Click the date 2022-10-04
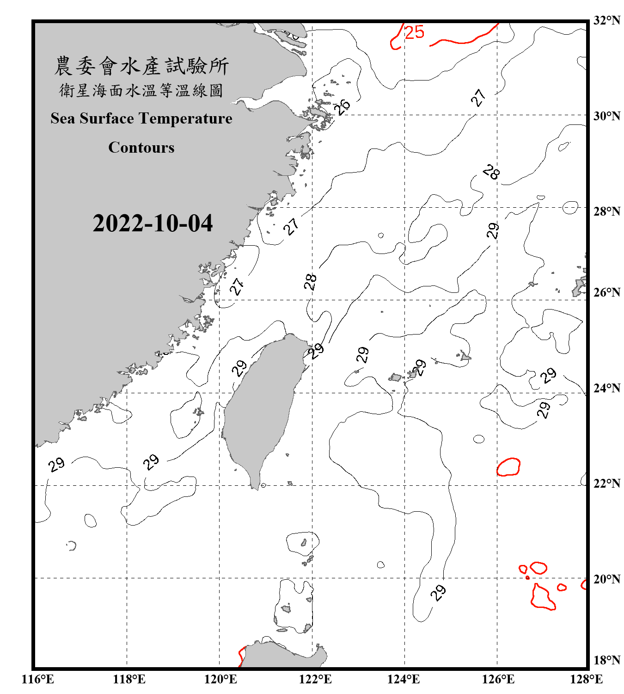(x=153, y=223)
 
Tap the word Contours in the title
(x=141, y=148)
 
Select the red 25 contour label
(x=414, y=32)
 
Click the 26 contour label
(x=343, y=106)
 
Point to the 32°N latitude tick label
(x=606, y=20)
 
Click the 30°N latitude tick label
(x=606, y=116)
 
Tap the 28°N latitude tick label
(x=606, y=211)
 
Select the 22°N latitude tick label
(x=606, y=483)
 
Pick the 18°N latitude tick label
(x=606, y=660)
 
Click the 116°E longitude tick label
(x=37, y=679)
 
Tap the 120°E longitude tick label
(x=220, y=679)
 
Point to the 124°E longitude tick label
(x=404, y=679)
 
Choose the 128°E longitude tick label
(x=586, y=679)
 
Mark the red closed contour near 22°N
(x=508, y=467)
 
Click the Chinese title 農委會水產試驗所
(x=141, y=66)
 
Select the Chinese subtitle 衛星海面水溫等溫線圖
(x=141, y=91)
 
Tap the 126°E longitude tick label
(x=498, y=679)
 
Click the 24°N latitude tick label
(x=606, y=388)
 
